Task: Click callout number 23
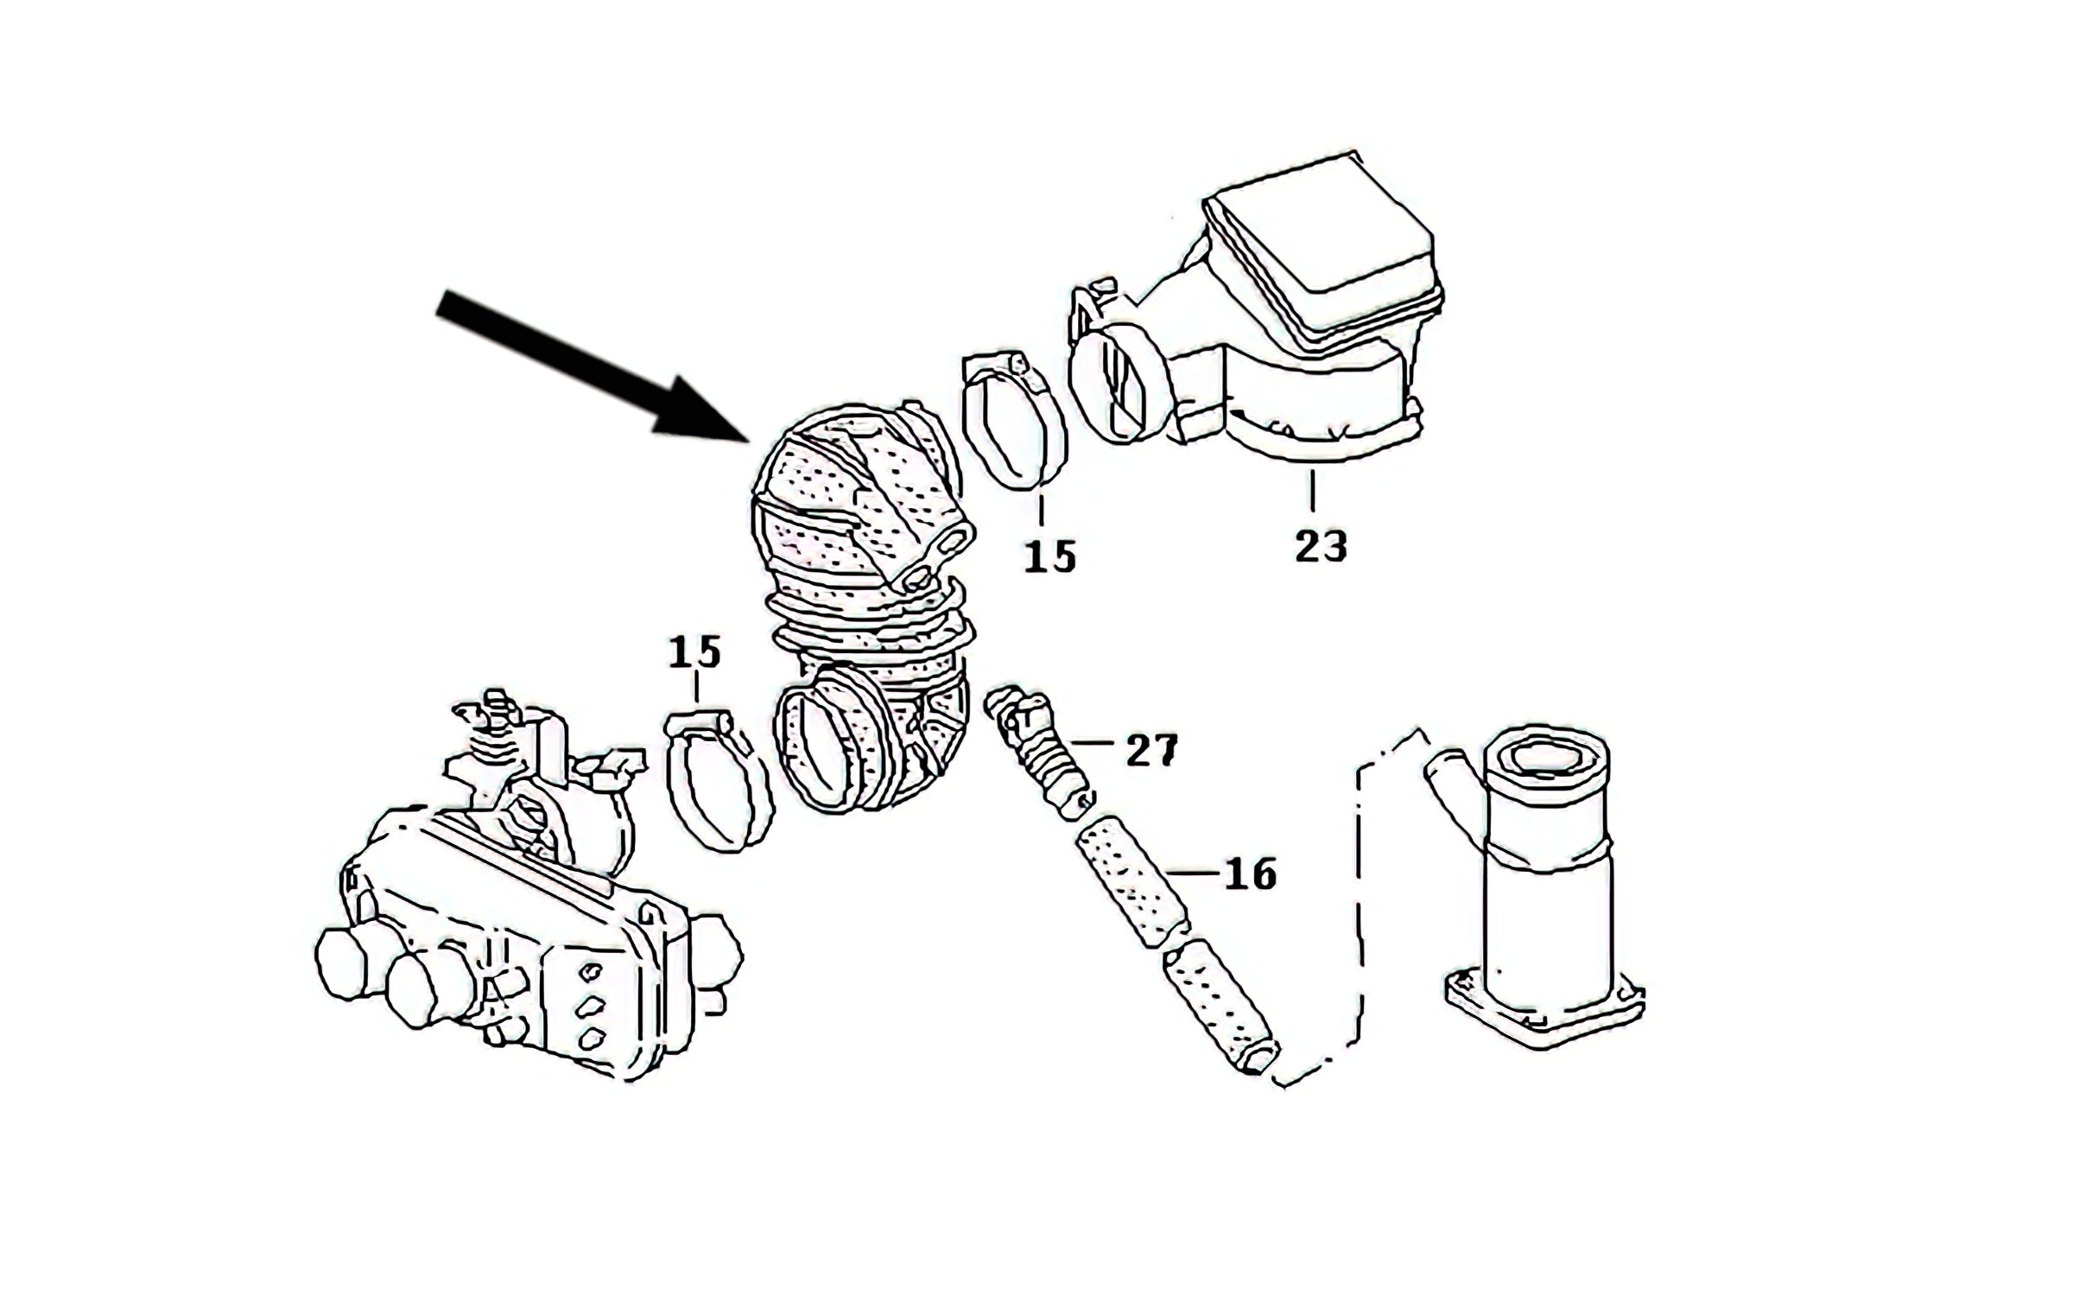(1320, 546)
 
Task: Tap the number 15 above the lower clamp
(694, 652)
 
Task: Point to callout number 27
(1151, 751)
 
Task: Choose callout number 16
(1249, 875)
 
